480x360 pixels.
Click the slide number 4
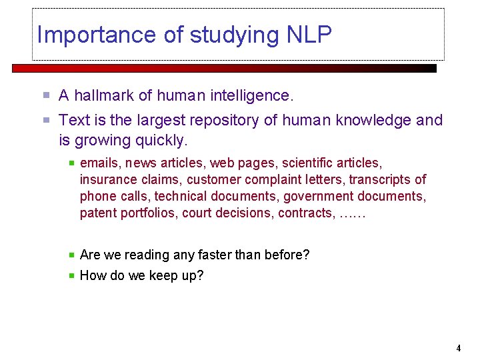(x=459, y=348)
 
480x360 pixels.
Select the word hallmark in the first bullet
(x=103, y=96)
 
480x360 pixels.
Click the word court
(x=197, y=213)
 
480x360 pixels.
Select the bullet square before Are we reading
(x=71, y=255)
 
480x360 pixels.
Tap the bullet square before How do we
(x=71, y=275)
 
